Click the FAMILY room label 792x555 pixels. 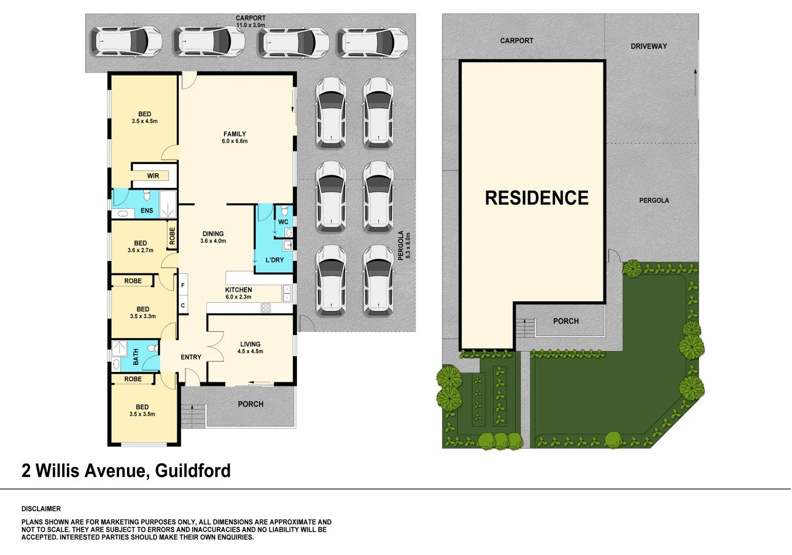point(235,134)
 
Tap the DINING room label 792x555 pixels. point(213,234)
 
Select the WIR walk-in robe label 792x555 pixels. point(153,176)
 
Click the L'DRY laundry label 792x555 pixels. point(274,260)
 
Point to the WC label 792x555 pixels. point(283,222)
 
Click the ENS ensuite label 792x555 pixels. point(146,211)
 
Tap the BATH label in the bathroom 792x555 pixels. point(136,357)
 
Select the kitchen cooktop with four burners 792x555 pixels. point(266,308)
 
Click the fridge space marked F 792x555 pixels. point(183,285)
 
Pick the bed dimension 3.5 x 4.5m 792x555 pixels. point(144,122)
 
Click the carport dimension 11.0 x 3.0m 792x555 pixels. point(251,25)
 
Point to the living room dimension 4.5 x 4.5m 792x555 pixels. point(250,351)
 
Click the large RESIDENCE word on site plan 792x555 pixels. point(537,198)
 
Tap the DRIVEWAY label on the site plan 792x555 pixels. point(648,46)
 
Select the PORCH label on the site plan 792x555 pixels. point(565,321)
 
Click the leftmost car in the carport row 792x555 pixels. point(126,41)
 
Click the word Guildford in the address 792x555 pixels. point(193,471)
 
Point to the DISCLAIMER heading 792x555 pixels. point(41,509)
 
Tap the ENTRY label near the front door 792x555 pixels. point(191,357)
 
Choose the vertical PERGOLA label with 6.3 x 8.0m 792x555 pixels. point(405,245)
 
